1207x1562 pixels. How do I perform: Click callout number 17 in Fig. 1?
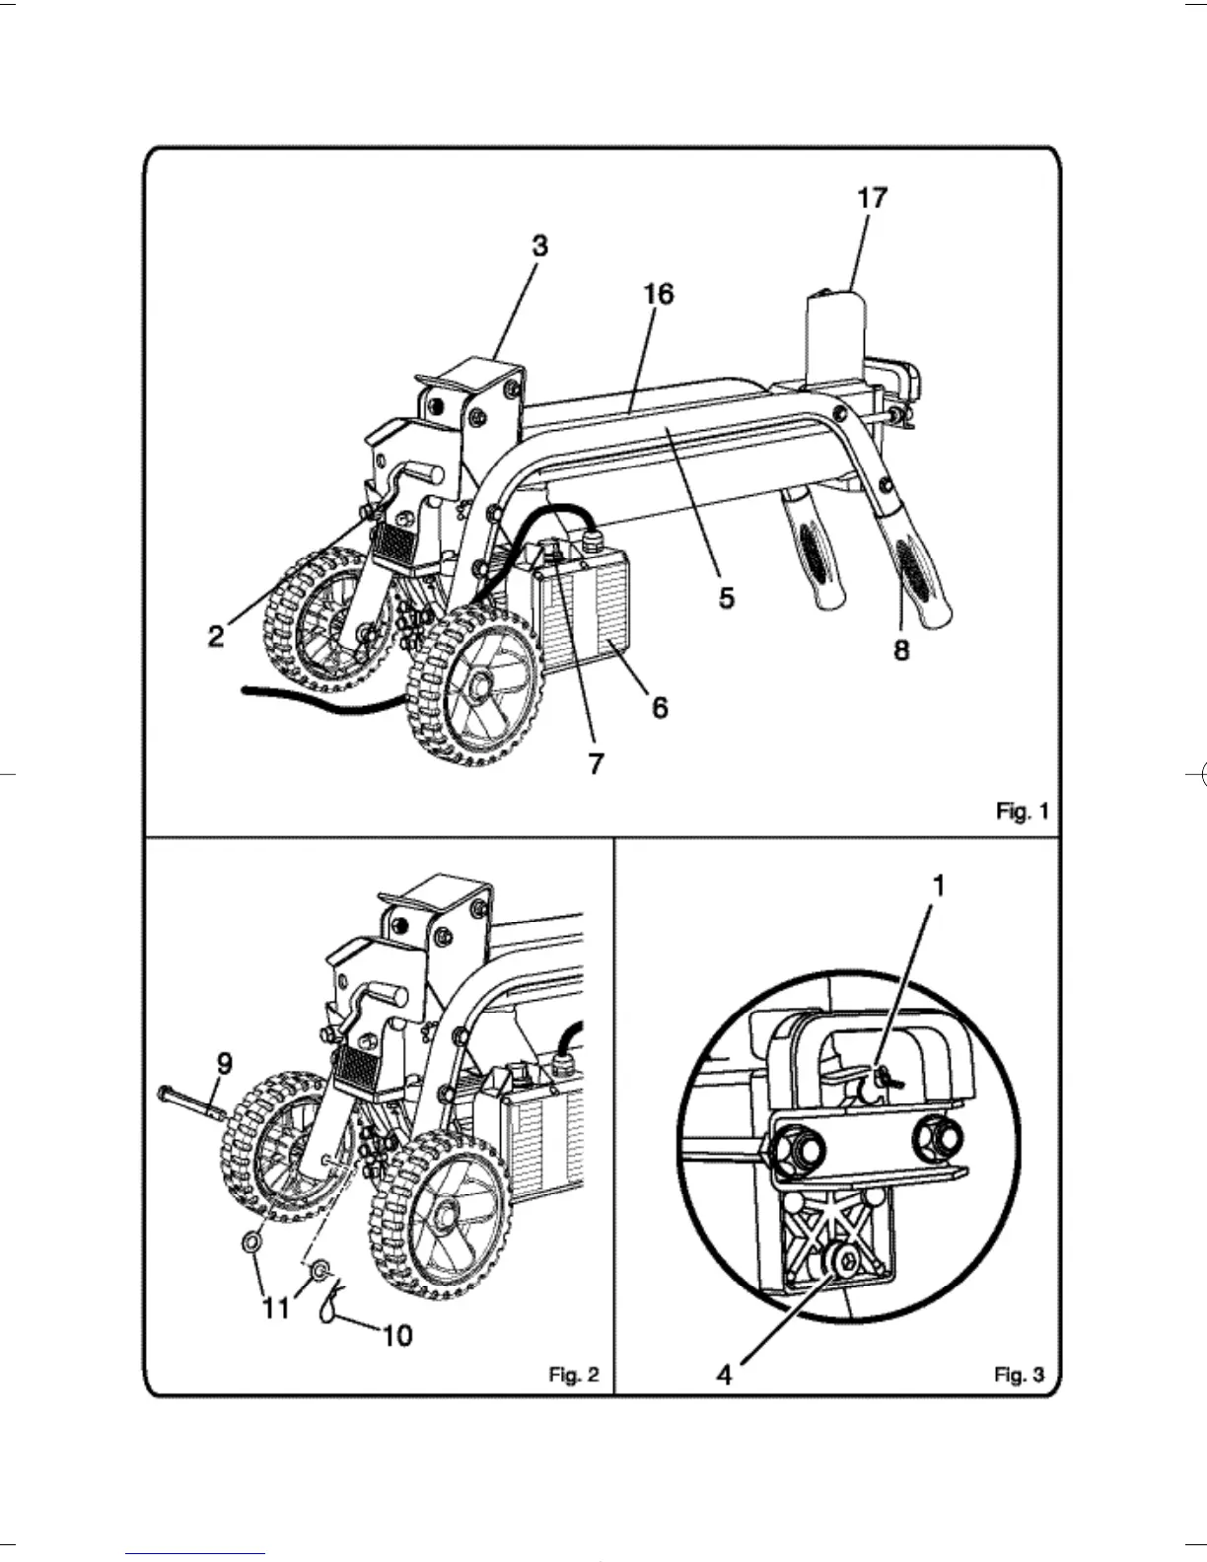[x=872, y=198]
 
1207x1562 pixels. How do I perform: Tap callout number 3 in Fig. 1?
[x=539, y=247]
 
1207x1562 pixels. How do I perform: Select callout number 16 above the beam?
[x=658, y=294]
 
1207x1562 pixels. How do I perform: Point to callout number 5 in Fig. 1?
[x=726, y=598]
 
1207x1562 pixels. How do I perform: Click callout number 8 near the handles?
[x=901, y=651]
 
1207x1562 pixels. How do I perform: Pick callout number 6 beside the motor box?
[x=660, y=707]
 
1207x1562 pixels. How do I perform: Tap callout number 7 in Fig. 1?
[x=596, y=763]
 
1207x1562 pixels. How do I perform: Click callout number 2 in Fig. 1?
[x=216, y=636]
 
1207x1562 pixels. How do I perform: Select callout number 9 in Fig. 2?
[x=224, y=1063]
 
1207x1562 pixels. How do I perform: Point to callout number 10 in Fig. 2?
[x=396, y=1336]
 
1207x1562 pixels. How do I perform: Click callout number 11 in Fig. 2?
[x=275, y=1308]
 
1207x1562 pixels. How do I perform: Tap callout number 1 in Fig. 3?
[x=938, y=887]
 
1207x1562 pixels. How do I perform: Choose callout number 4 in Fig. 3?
[x=725, y=1375]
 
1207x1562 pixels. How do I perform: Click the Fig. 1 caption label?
[x=1022, y=812]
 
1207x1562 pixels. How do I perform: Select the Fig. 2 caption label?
[x=573, y=1375]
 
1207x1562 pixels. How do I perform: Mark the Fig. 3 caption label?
[x=1019, y=1375]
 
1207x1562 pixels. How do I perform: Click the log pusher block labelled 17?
[x=836, y=335]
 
